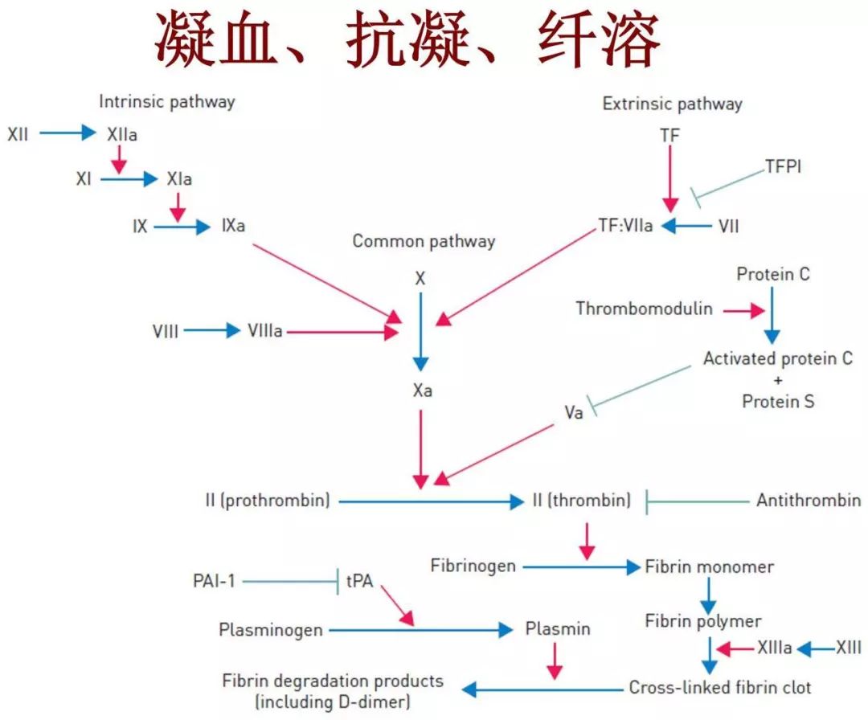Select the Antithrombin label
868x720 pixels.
[x=808, y=501]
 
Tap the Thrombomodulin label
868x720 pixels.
[x=644, y=309]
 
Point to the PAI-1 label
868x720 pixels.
[x=214, y=580]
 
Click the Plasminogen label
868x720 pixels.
[x=270, y=630]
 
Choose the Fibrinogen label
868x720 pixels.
[x=473, y=566]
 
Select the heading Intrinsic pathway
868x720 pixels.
[x=167, y=102]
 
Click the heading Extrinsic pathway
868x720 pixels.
[x=672, y=104]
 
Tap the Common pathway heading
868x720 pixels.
[x=424, y=241]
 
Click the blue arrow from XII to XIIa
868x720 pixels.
[x=68, y=133]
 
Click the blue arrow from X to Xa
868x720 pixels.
[x=420, y=331]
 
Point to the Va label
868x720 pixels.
[x=572, y=413]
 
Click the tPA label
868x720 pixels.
[x=359, y=580]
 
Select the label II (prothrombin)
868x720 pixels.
[x=268, y=501]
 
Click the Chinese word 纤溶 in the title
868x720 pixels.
[x=599, y=40]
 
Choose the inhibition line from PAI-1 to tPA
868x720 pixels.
[x=289, y=580]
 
